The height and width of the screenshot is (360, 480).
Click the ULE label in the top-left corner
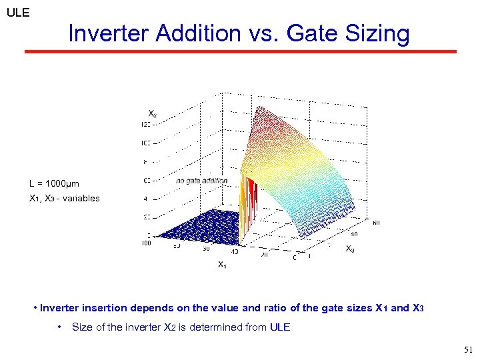17,12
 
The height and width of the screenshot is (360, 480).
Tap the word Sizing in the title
375,33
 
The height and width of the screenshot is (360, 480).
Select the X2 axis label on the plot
153,114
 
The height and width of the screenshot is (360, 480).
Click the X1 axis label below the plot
222,265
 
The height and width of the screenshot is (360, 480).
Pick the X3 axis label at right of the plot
349,249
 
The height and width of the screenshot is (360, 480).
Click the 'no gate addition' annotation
201,181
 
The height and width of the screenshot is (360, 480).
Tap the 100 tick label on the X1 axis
146,243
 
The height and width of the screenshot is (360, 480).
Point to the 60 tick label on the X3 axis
376,222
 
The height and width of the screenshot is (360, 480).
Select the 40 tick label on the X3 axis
353,234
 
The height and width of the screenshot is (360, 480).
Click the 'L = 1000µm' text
54,183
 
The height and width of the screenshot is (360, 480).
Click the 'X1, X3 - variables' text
64,198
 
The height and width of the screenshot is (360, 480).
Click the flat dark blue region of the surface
193,227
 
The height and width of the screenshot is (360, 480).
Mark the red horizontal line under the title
240,51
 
